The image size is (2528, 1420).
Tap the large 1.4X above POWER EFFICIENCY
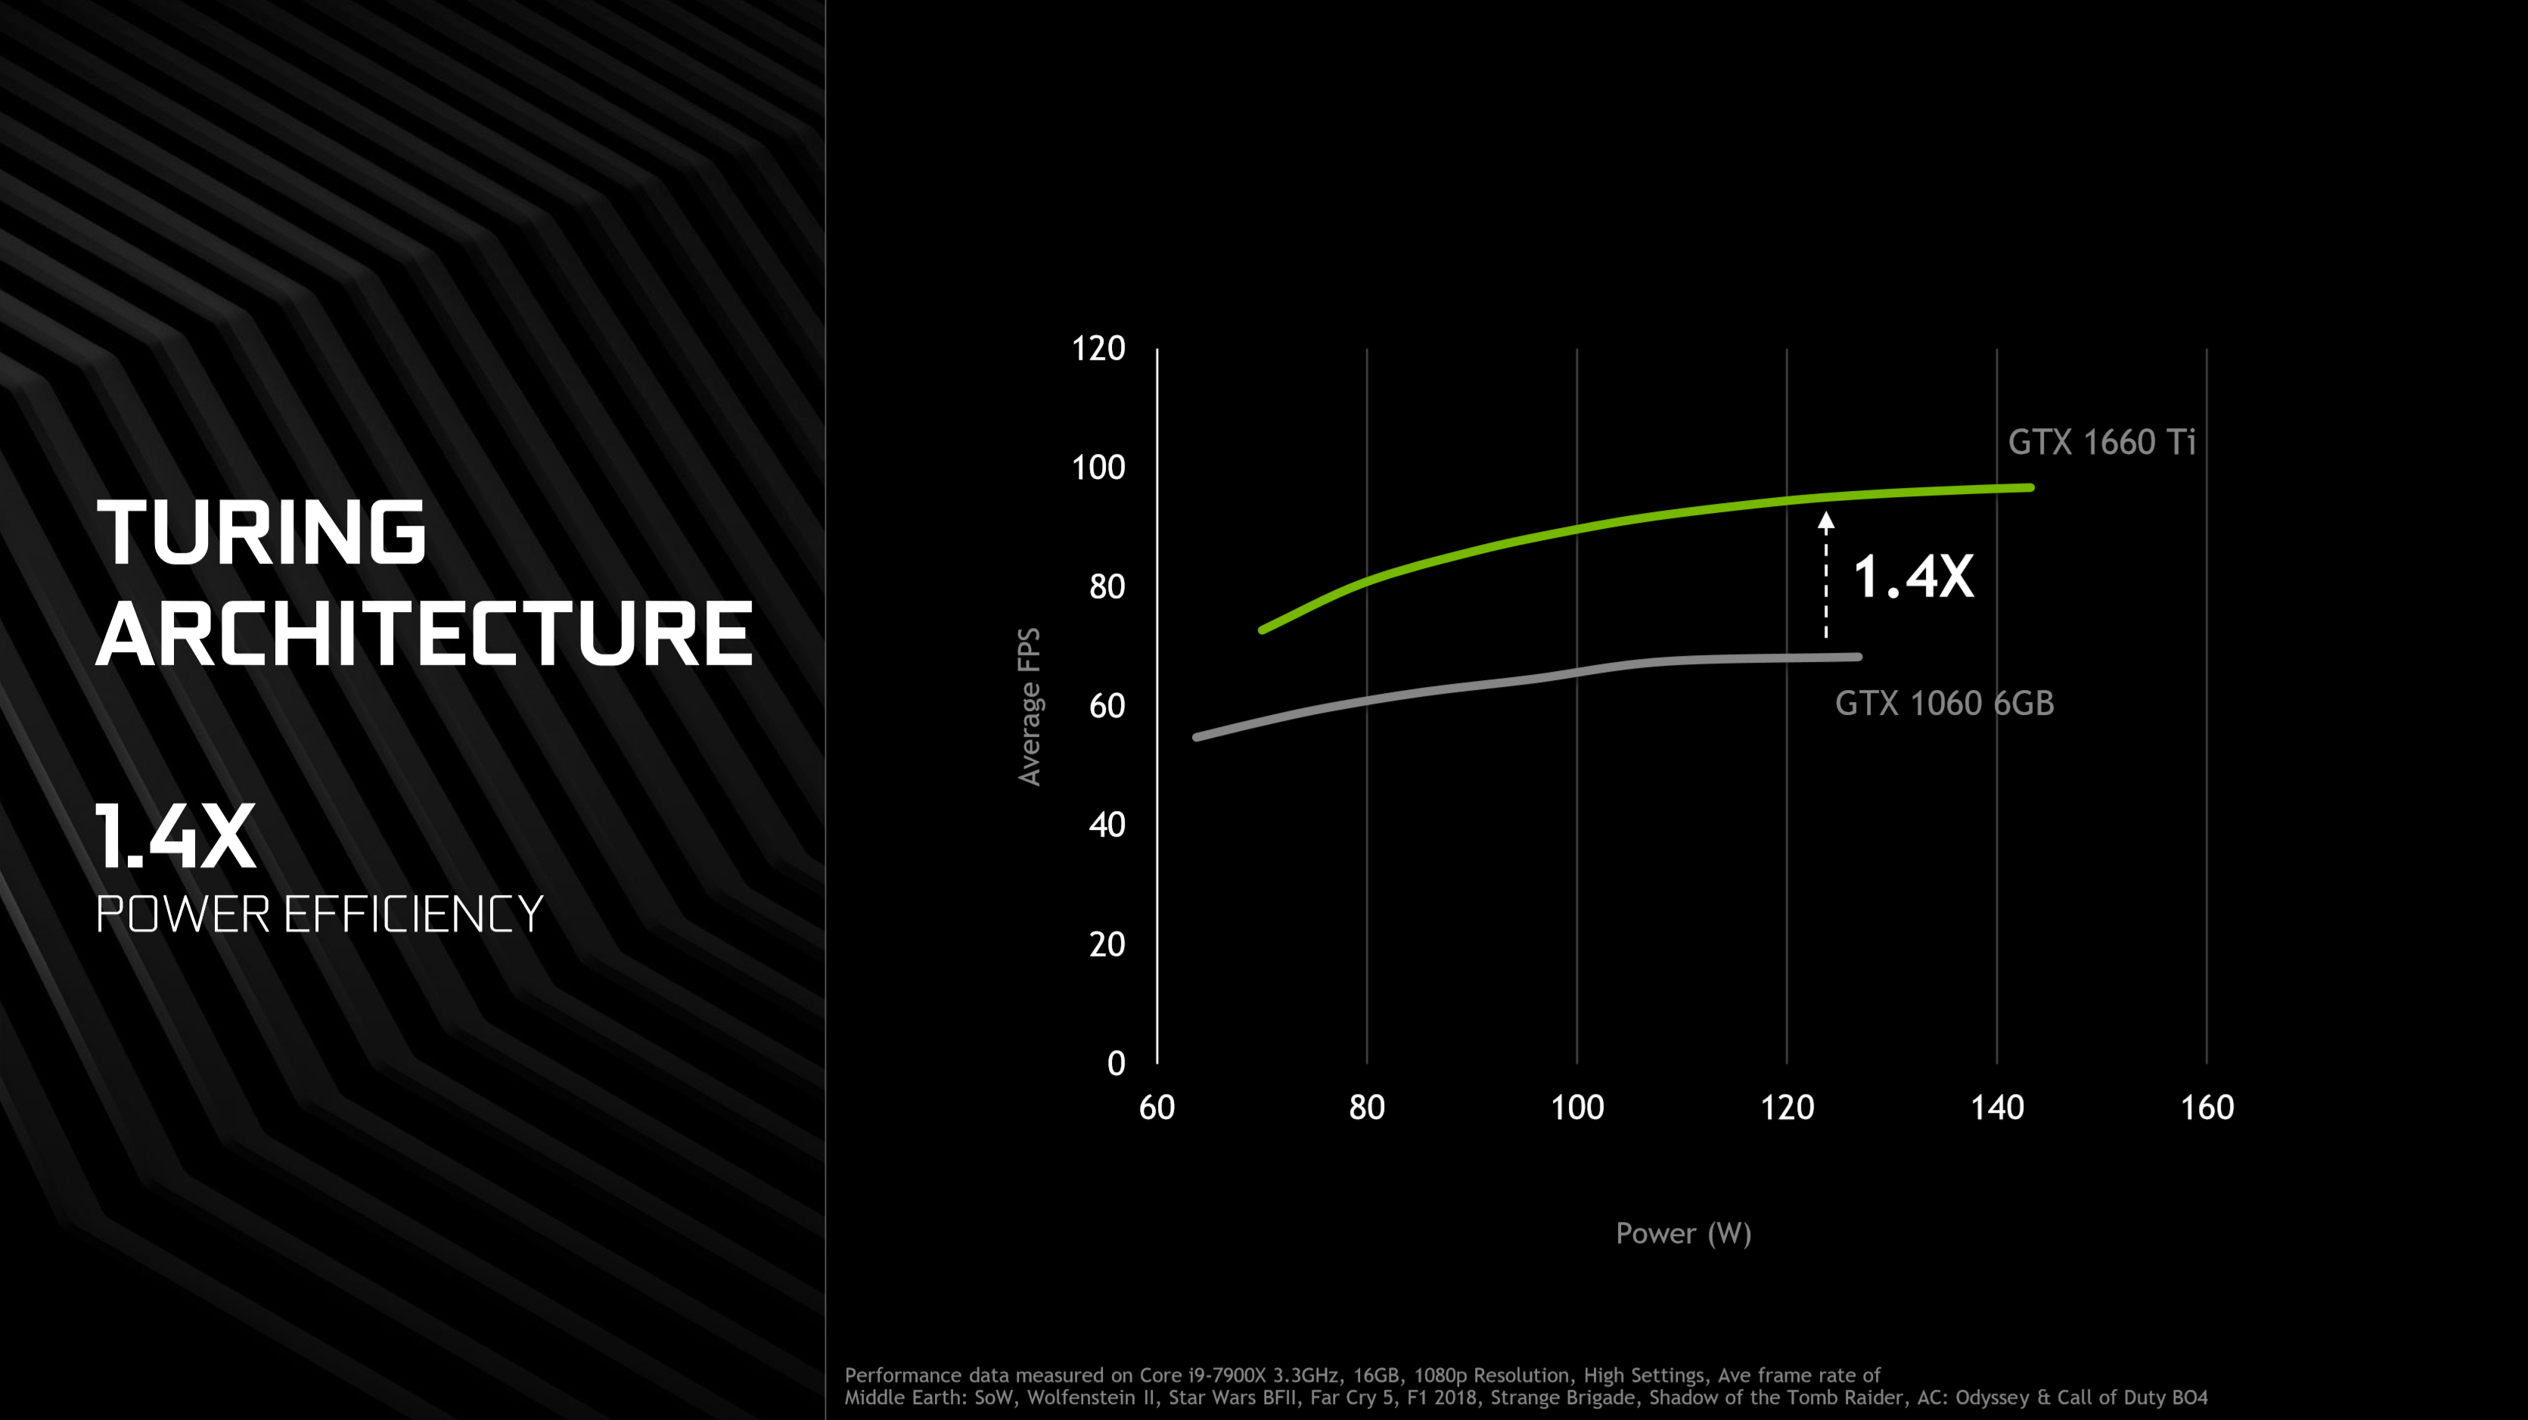175,836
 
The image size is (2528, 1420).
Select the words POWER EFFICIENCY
319,915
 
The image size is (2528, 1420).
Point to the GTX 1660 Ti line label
2101,442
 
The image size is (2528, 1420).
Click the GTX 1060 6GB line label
1944,703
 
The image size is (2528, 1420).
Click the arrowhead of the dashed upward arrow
1825,520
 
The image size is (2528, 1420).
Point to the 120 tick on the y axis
1098,348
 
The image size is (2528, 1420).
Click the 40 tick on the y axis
1107,825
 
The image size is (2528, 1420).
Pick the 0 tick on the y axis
1116,1063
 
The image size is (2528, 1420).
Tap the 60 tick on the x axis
1157,1107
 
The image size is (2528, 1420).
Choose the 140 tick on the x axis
1997,1107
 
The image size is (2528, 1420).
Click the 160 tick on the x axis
2207,1107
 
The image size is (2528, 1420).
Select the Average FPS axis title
1029,707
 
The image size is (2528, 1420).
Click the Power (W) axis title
1683,1234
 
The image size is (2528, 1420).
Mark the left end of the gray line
1196,737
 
